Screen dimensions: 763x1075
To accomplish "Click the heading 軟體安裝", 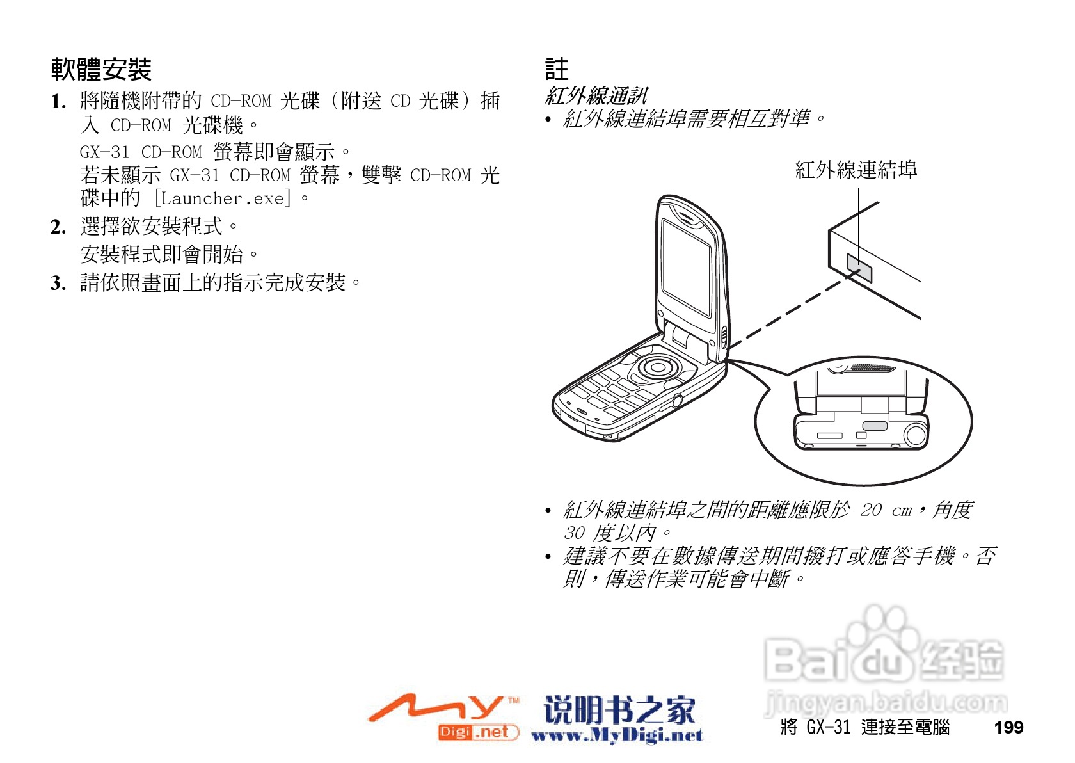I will [101, 69].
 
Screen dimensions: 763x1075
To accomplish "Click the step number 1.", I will [58, 102].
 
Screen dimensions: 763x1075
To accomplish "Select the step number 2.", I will [58, 227].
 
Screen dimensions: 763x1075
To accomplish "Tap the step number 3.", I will [58, 283].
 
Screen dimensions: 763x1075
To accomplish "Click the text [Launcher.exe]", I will [223, 198].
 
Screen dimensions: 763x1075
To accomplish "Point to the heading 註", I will [556, 69].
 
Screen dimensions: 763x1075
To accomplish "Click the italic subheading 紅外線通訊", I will [596, 96].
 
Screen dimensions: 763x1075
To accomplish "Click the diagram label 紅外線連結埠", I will [856, 170].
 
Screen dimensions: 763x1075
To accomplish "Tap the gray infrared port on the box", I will [859, 268].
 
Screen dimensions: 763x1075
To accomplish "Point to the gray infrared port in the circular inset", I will [874, 426].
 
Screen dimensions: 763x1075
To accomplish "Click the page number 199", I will [1008, 728].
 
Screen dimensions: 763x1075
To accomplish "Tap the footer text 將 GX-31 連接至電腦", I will [865, 728].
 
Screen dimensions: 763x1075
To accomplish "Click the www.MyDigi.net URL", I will [617, 736].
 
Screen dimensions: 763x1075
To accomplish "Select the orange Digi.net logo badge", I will [477, 732].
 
